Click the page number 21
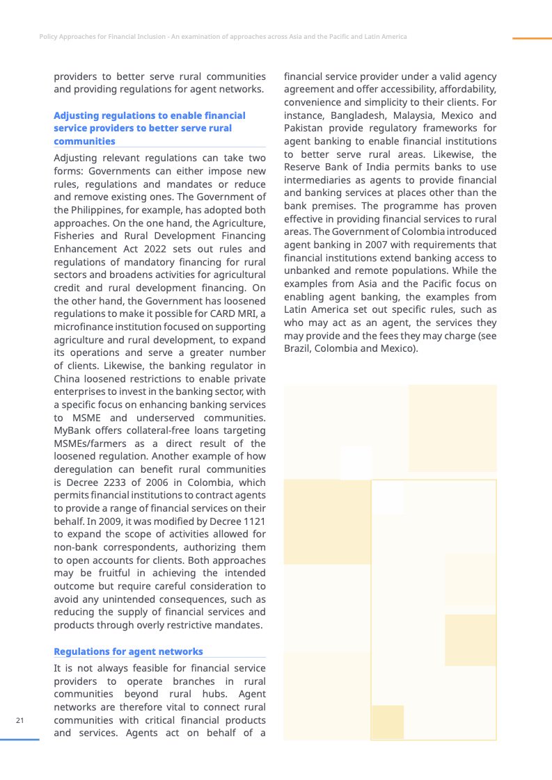tap(20, 720)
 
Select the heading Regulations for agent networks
tap(128, 651)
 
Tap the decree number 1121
tap(251, 521)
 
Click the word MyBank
tap(72, 431)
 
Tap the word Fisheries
tap(76, 236)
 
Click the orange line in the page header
tap(532, 38)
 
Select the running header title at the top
tap(223, 36)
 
